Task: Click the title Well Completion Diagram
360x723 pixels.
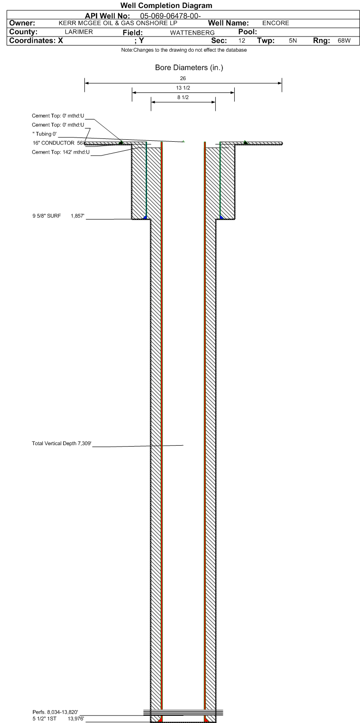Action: [166, 6]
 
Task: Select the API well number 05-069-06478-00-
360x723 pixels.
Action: [170, 16]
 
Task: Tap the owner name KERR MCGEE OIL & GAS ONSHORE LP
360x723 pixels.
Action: [118, 23]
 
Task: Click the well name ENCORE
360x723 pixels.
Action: [276, 23]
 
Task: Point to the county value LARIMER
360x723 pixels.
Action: [79, 32]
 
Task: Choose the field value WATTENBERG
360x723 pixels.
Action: [193, 33]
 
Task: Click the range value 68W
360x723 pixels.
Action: [344, 41]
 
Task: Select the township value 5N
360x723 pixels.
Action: [293, 41]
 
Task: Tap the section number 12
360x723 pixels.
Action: [242, 41]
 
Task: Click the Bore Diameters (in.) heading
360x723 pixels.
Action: [189, 67]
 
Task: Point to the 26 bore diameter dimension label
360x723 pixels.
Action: [183, 78]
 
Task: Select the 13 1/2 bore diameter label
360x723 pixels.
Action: [183, 88]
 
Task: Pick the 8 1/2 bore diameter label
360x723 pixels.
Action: [183, 97]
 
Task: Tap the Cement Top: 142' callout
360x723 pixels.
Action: [61, 152]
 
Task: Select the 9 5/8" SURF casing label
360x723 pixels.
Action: [46, 216]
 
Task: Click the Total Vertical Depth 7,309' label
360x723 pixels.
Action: [62, 443]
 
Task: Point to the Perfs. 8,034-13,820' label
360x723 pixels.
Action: [55, 712]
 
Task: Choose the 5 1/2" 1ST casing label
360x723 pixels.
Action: [44, 718]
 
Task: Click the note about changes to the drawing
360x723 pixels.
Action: [184, 50]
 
